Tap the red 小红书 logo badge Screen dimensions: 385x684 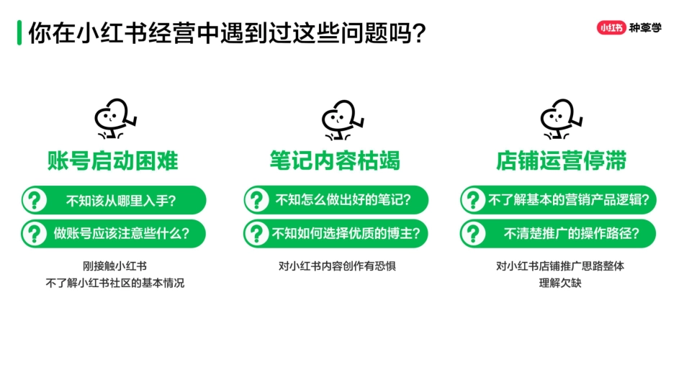[611, 28]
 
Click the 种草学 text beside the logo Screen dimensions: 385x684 [644, 28]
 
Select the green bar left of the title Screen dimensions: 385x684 [19, 33]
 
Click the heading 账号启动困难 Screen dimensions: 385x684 [113, 160]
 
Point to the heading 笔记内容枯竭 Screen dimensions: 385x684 [336, 160]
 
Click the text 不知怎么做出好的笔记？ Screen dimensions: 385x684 [343, 201]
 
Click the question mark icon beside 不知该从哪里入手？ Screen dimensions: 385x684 [35, 201]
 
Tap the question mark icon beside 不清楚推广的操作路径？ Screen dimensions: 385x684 [473, 233]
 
